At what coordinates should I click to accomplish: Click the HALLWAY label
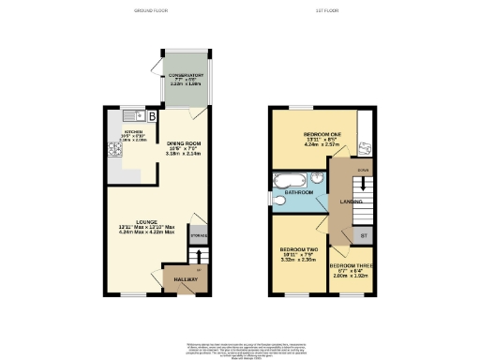click(179, 278)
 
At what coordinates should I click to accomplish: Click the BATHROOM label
click(299, 192)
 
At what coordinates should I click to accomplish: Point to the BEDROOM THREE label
click(352, 266)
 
